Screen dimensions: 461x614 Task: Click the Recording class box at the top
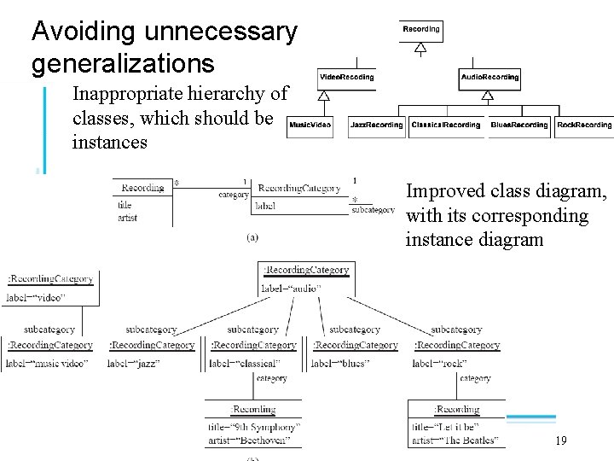420,29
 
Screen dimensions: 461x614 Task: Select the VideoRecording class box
346,78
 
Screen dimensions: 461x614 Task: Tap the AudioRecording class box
489,78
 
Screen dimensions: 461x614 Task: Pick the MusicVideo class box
310,125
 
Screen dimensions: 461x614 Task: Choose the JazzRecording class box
376,125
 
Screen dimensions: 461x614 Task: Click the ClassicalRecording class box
446,125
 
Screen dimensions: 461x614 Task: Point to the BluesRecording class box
519,125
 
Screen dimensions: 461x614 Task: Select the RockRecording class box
584,125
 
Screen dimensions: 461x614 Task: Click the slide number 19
560,441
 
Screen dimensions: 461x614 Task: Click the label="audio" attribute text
291,289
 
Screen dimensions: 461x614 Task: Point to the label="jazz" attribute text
134,363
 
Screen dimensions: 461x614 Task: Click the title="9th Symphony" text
253,427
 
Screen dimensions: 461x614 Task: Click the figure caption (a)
252,236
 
